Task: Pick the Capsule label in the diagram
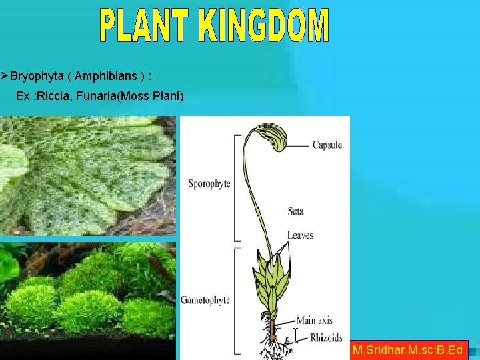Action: [327, 145]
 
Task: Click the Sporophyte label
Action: [209, 184]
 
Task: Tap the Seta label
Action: [296, 211]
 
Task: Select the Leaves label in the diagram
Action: [300, 235]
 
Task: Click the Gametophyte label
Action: [205, 300]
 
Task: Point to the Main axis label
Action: [314, 321]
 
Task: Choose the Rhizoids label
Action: [326, 338]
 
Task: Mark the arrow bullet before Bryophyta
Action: [5, 77]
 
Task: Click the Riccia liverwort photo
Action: [87, 176]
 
